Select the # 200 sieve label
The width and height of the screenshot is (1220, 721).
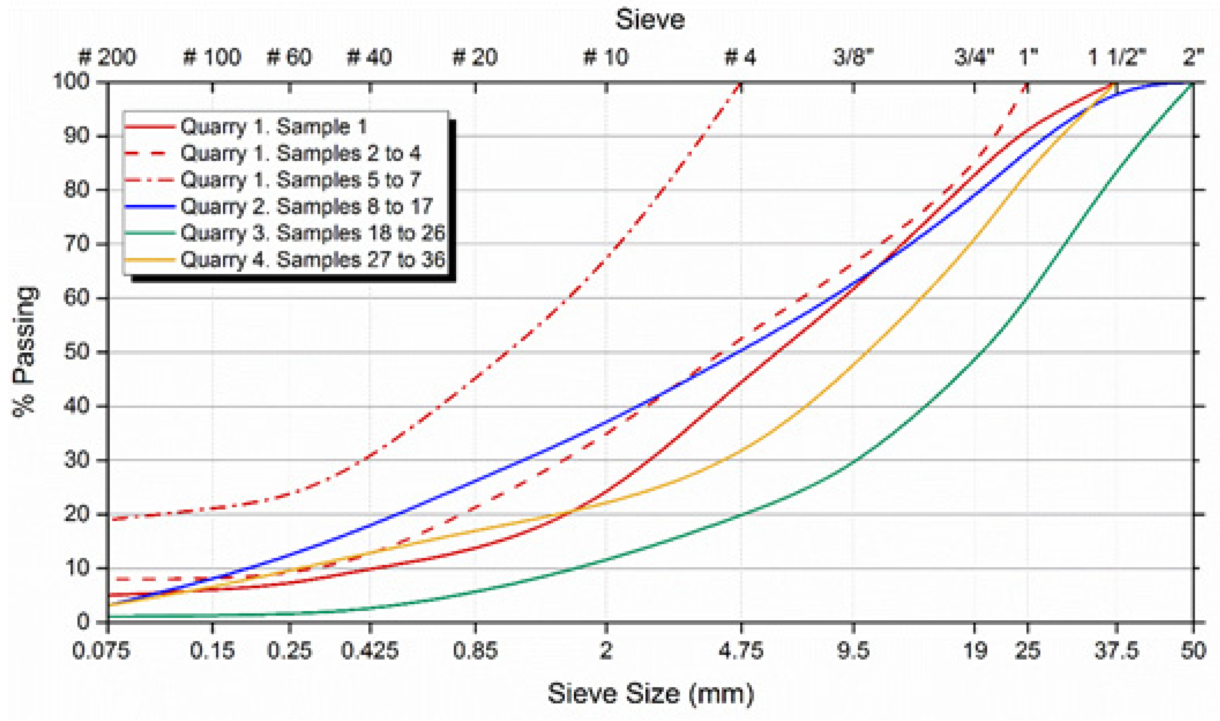[x=107, y=57]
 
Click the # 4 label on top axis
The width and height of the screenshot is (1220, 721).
[x=740, y=57]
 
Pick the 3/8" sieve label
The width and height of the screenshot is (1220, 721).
[x=853, y=57]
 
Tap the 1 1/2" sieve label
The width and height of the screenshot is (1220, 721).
[x=1117, y=57]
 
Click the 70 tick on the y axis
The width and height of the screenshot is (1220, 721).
[x=77, y=244]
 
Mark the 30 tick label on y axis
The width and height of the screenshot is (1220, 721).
[x=77, y=460]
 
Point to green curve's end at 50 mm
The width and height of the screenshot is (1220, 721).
[x=1192, y=83]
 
